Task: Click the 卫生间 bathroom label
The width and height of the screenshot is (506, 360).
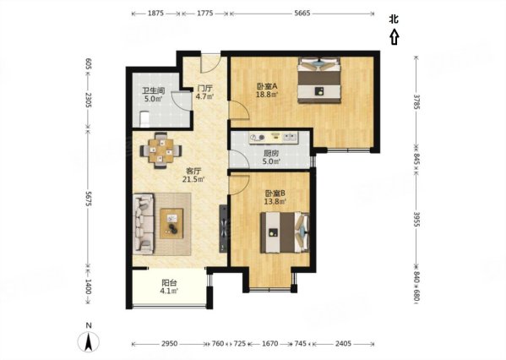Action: click(x=153, y=90)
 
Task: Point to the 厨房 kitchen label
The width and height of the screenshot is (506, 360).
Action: click(x=271, y=154)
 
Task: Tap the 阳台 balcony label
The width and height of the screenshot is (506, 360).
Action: click(x=170, y=283)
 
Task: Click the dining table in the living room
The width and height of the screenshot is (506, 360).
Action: click(x=161, y=150)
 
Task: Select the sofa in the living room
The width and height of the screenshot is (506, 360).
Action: click(x=144, y=224)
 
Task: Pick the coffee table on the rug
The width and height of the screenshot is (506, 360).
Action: click(x=171, y=224)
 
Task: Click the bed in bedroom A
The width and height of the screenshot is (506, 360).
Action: click(x=319, y=80)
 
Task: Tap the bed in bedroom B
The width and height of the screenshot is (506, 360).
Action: click(x=285, y=232)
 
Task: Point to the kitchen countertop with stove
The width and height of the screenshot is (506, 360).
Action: click(x=274, y=138)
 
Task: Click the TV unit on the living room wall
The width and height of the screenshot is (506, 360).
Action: click(x=223, y=228)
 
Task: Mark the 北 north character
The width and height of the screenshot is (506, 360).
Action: click(x=394, y=19)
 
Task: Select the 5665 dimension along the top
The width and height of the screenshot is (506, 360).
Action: click(x=302, y=14)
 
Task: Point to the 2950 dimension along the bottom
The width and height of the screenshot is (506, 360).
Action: click(x=170, y=344)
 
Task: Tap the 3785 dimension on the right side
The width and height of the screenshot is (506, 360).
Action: click(x=416, y=101)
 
